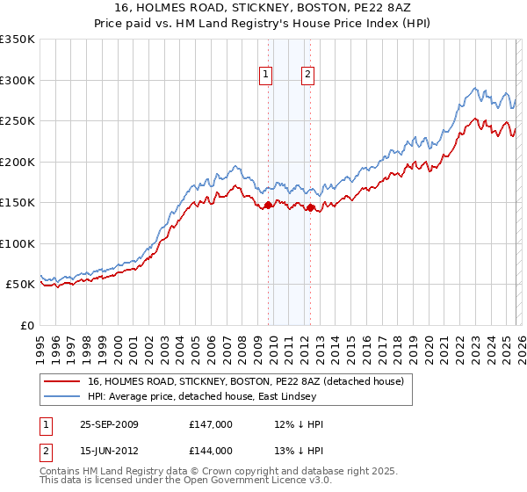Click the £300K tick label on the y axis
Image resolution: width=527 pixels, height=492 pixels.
(18, 80)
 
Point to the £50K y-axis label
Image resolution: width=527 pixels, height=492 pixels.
(20, 285)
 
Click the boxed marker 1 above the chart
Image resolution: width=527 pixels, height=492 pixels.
(266, 76)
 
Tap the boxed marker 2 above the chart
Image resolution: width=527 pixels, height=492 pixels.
(308, 76)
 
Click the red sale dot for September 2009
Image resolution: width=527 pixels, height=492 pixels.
(268, 205)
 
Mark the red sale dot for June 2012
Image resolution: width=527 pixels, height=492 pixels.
(310, 207)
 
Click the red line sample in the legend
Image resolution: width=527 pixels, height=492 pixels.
(61, 382)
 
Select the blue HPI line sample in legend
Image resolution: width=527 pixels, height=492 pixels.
(61, 396)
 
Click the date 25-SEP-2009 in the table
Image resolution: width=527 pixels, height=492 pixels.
(109, 424)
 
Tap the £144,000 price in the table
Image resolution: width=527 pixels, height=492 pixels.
(211, 451)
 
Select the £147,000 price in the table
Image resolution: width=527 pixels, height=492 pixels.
(211, 424)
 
